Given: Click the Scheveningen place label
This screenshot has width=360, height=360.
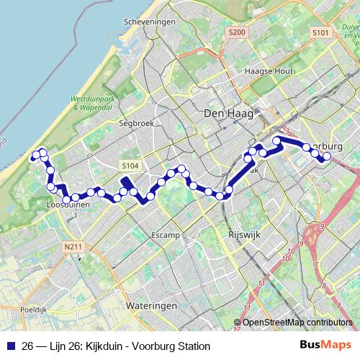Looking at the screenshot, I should click(150, 22).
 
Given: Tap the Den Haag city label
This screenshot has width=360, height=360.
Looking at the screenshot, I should click(225, 113).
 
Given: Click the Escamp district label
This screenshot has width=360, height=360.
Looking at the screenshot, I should click(167, 235).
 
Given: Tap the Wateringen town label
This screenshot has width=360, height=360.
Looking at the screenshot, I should click(151, 306).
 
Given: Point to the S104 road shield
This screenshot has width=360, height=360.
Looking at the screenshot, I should click(130, 166).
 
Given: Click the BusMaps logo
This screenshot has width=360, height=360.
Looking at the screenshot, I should click(325, 346).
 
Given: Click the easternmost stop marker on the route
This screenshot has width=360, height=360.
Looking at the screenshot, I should click(327, 156).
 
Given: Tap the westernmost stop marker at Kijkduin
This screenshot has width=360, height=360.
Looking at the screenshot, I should click(35, 153).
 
